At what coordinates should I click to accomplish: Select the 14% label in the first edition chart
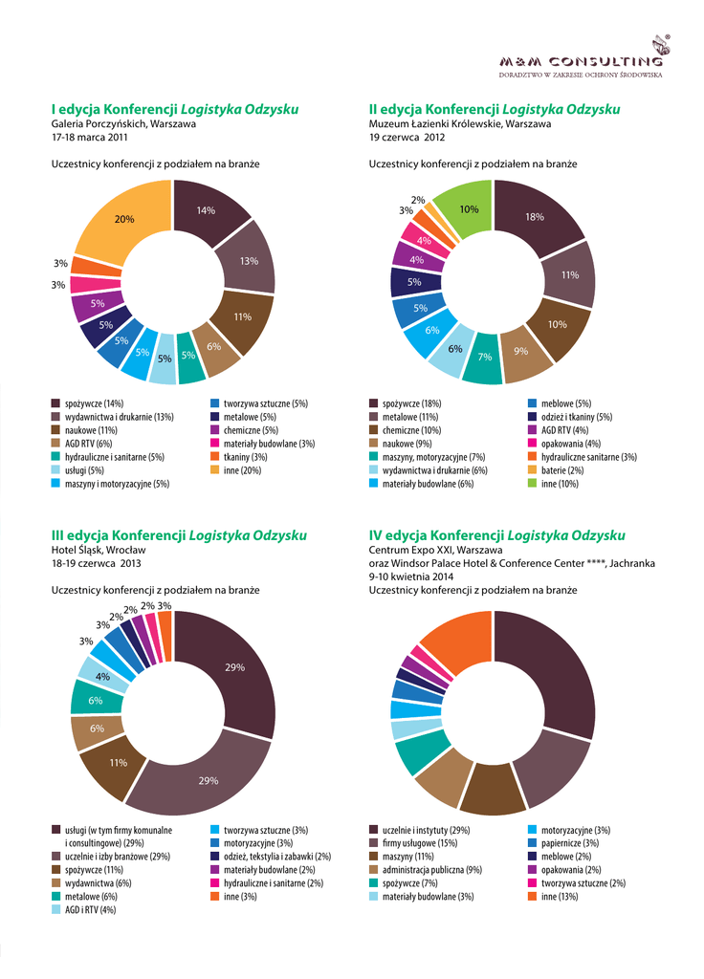(x=206, y=210)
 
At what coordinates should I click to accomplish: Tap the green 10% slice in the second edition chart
(x=469, y=208)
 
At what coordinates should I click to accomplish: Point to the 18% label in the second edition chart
(x=534, y=217)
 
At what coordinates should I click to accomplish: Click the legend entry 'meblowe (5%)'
(x=566, y=403)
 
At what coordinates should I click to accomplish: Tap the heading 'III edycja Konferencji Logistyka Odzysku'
(x=179, y=535)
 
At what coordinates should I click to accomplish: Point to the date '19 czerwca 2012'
(x=407, y=138)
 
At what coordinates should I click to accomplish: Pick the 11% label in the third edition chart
(x=119, y=762)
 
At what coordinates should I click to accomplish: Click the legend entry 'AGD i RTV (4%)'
(x=90, y=910)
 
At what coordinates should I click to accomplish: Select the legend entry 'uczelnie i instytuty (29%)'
(x=425, y=830)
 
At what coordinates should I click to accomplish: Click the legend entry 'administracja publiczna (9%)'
(x=430, y=870)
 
